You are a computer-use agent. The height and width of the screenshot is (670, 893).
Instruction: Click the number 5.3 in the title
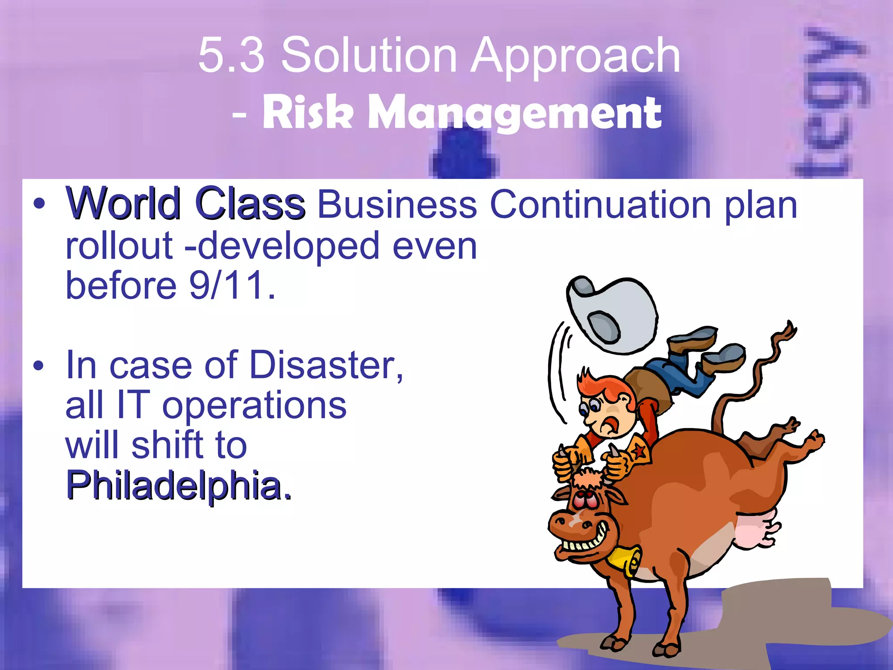click(232, 56)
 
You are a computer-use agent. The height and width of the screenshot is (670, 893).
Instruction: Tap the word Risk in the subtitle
click(307, 113)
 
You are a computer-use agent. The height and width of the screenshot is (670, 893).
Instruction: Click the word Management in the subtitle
click(515, 113)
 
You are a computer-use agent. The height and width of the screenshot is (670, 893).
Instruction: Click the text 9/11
click(232, 285)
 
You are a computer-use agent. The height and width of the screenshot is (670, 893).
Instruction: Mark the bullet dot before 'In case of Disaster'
click(38, 366)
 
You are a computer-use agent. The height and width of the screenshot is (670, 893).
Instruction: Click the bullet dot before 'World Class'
click(38, 203)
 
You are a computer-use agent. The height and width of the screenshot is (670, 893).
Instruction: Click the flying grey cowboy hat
click(613, 314)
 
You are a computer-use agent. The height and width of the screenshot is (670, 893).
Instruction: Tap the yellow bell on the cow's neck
click(626, 561)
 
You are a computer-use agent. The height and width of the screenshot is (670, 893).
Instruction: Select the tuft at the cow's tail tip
click(787, 332)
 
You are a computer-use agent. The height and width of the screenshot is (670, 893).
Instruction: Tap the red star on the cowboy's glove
click(639, 452)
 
